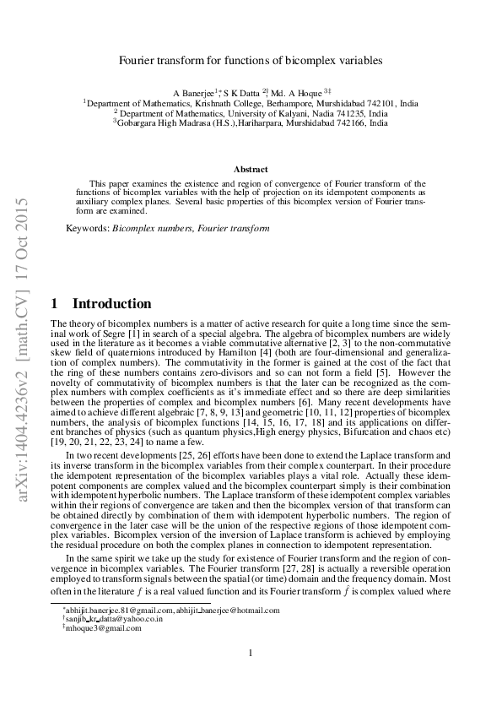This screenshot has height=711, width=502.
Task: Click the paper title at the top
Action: [x=250, y=61]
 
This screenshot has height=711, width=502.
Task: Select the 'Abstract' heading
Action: [x=251, y=169]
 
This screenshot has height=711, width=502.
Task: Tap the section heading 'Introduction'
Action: [x=112, y=304]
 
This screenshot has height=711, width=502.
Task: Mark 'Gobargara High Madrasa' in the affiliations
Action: [x=165, y=122]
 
